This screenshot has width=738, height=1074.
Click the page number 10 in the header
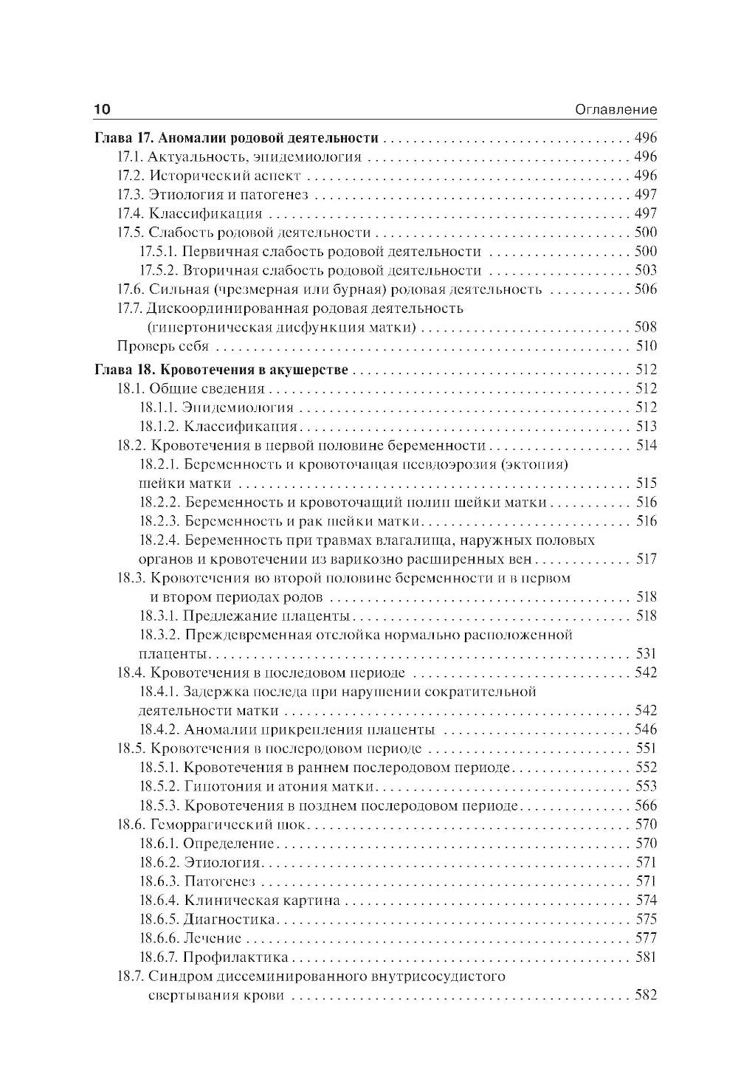click(102, 109)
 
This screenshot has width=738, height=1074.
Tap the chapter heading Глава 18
click(221, 370)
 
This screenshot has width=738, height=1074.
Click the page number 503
click(645, 271)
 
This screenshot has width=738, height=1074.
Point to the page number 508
click(645, 327)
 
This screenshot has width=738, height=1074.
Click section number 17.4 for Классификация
click(130, 214)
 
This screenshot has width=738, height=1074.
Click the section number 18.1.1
click(158, 407)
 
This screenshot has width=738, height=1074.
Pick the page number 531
click(645, 653)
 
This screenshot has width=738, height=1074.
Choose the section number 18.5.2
click(158, 786)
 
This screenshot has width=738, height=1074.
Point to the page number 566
click(645, 805)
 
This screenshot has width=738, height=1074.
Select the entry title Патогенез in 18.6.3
click(219, 881)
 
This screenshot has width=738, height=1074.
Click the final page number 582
click(645, 995)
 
